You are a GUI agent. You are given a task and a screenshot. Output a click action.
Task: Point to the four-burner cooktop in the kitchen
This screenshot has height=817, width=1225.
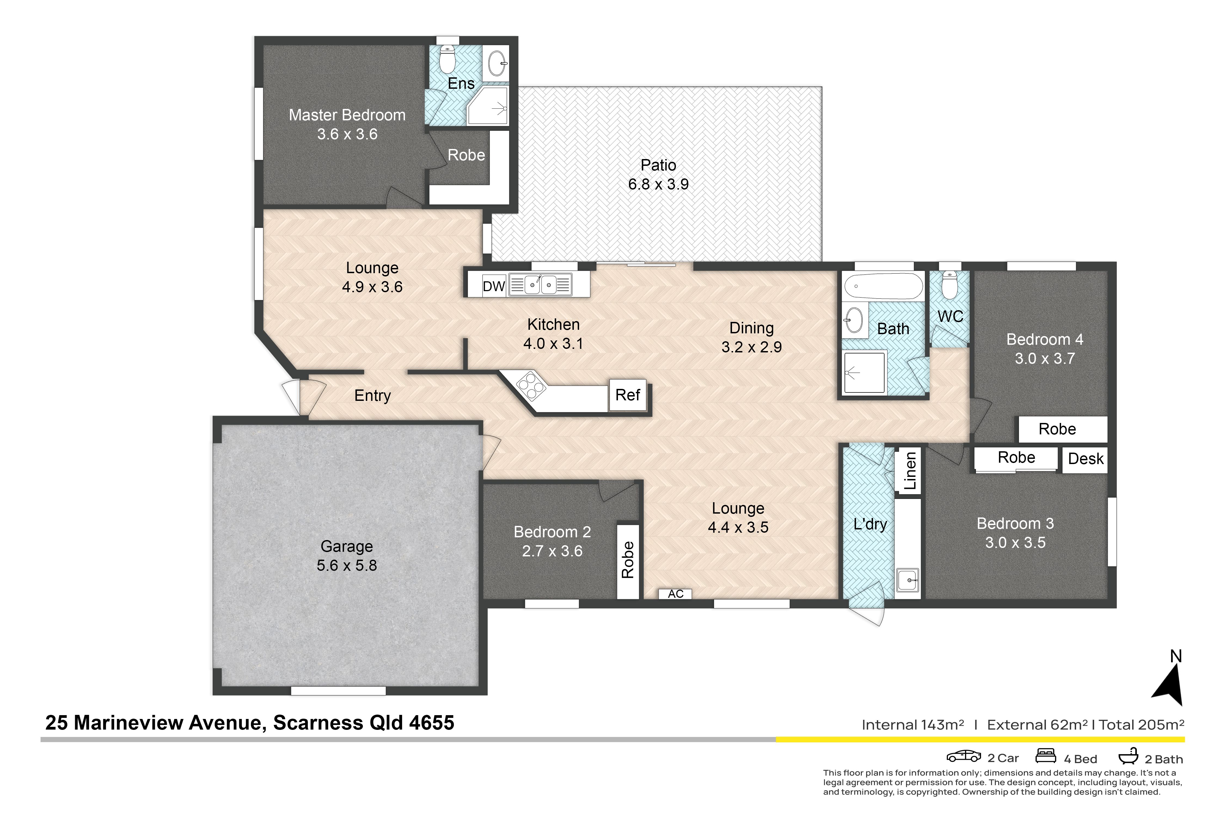531,386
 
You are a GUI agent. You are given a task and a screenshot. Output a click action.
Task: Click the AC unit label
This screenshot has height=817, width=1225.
676,594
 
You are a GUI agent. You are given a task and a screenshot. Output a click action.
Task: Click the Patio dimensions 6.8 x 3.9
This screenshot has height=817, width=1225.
658,184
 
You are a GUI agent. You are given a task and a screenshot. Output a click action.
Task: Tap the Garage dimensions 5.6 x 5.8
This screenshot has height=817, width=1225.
347,565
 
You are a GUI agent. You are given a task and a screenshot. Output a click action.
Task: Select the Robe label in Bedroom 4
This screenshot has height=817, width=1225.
1057,429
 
